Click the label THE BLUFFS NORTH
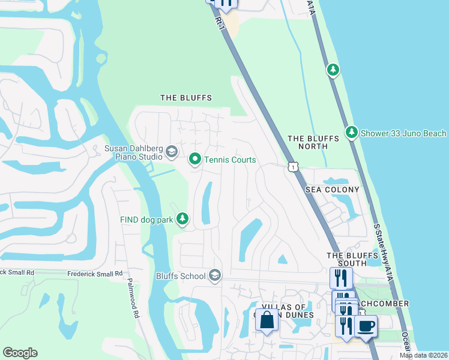click(x=307, y=142)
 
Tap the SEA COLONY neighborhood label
click(x=332, y=190)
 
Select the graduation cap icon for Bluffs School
click(x=214, y=275)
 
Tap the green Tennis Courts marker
click(x=194, y=160)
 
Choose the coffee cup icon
click(x=366, y=326)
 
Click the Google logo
click(x=20, y=353)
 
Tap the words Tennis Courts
click(x=230, y=160)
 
